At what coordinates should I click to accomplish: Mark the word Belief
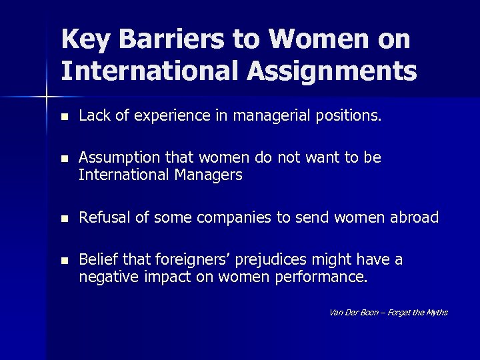point(96,259)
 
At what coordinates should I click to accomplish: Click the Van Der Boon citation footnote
point(388,312)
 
